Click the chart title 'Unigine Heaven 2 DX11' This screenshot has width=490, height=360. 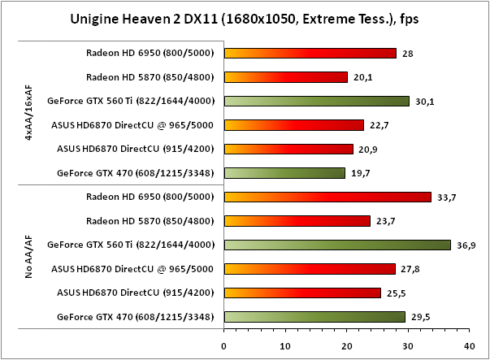pyautogui.click(x=244, y=18)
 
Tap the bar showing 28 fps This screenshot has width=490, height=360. pyautogui.click(x=310, y=54)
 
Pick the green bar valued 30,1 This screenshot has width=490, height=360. pyautogui.click(x=316, y=102)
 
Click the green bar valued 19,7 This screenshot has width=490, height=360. pyautogui.click(x=284, y=173)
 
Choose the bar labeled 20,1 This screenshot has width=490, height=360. pyautogui.click(x=285, y=78)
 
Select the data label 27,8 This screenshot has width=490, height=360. pyautogui.click(x=410, y=269)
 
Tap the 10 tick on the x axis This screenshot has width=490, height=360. pyautogui.click(x=285, y=345)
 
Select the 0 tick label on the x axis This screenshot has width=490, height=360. pyautogui.click(x=224, y=345)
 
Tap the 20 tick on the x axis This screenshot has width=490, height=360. pyautogui.click(x=347, y=345)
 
